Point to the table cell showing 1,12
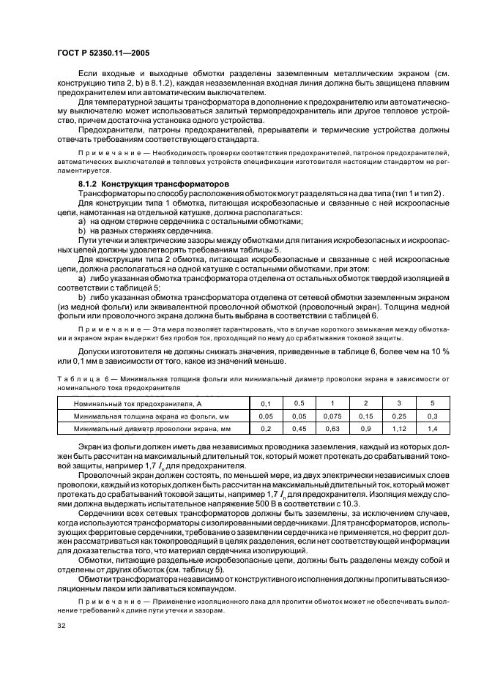coord(398,427)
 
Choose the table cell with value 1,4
coord(431,427)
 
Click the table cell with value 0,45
coord(299,427)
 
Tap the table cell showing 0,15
coord(365,415)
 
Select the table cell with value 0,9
coord(365,427)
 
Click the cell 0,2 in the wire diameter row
coord(265,427)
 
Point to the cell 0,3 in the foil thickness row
coord(431,415)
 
